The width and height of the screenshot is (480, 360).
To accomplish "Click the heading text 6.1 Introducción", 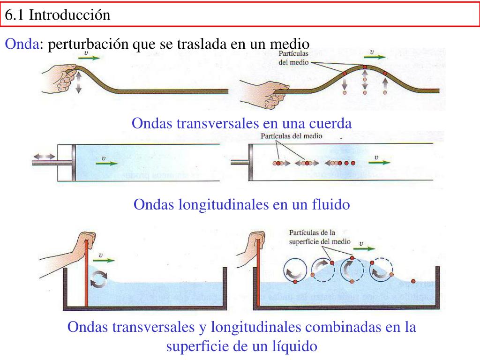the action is tap(58, 15).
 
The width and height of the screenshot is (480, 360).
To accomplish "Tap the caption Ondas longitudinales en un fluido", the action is tap(242, 204).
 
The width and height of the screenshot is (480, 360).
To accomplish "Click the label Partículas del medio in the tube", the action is tap(292, 136).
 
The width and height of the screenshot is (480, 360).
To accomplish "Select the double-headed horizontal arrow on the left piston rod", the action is tap(45, 157).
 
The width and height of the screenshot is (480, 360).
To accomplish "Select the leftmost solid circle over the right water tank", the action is tap(295, 271).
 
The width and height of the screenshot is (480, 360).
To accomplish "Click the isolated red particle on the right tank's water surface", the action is tap(413, 281).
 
